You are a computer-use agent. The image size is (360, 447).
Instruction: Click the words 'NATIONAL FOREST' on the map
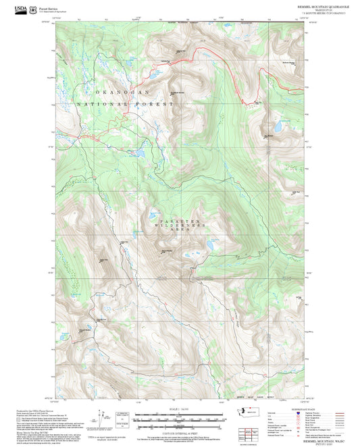(126, 105)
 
